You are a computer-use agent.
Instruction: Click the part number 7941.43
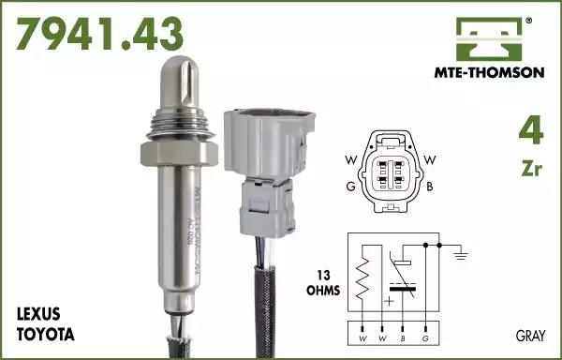point(99,34)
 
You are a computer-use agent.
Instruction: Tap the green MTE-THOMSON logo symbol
point(489,39)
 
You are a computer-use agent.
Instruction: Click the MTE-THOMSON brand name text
point(489,73)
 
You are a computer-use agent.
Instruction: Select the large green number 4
point(531,129)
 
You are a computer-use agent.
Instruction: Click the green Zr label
point(532,168)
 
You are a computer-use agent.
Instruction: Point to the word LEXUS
point(38,314)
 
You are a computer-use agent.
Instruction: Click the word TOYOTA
point(46,335)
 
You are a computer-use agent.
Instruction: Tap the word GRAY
point(530,336)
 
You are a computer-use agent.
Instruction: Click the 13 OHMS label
point(323,283)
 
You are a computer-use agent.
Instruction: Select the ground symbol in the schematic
point(460,255)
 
